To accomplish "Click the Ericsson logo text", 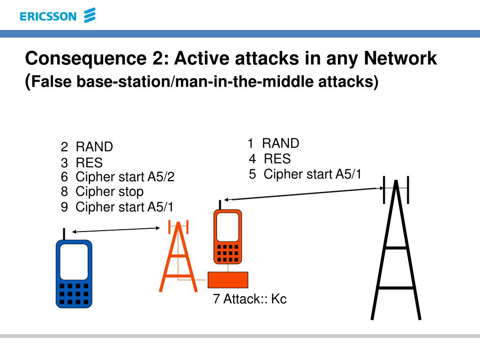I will pos(48,16).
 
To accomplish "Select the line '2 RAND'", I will pos(87,147).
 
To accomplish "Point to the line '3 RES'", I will pos(82,163).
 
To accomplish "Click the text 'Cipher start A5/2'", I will pos(125,177).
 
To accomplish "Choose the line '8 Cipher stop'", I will pos(102,191).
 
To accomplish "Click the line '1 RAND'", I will pos(273,143).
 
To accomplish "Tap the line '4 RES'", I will pos(270,158).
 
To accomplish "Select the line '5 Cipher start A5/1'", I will pos(305,174).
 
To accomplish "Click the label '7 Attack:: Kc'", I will pos(249,299).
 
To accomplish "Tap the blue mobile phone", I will pos(74,274).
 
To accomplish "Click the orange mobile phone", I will pos(228,237).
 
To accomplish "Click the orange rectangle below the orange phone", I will pos(228,280).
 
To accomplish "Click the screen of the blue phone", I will pos(74,262).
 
